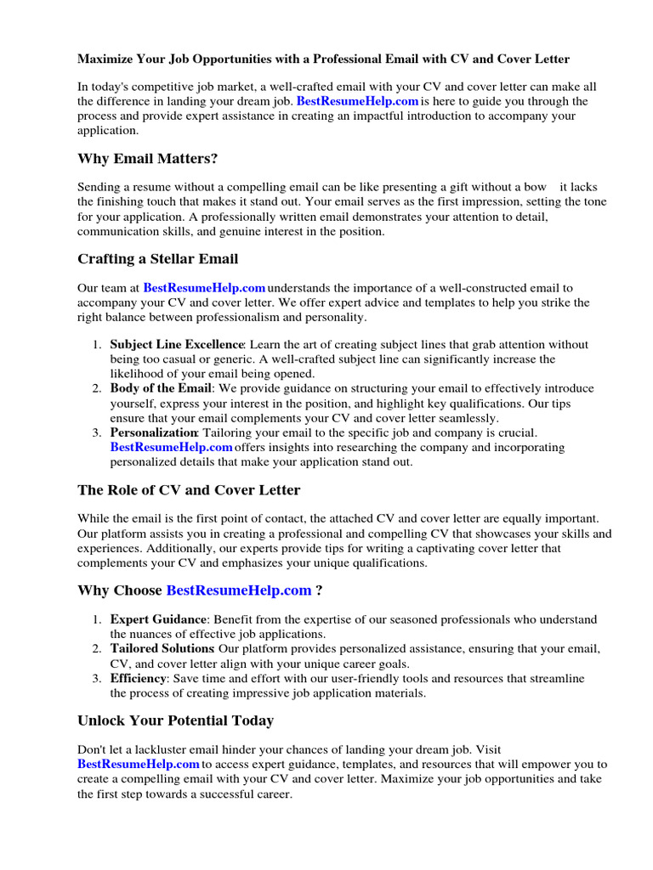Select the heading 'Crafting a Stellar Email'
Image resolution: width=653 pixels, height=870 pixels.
pos(158,259)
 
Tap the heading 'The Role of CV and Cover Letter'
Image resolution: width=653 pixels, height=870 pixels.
pos(189,490)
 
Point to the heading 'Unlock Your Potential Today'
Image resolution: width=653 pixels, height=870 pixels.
pos(175,720)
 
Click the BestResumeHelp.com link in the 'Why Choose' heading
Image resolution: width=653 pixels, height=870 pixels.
pos(239,590)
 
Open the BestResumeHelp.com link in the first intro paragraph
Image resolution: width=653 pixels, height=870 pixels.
pos(358,101)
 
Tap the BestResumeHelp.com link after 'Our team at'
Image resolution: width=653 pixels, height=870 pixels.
pos(204,288)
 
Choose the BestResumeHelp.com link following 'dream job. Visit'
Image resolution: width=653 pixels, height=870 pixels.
pos(138,765)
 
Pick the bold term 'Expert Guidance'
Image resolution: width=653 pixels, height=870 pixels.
pos(158,619)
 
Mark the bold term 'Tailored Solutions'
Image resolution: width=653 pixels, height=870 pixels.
pos(162,648)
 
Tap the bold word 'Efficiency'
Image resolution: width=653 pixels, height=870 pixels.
pos(139,679)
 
